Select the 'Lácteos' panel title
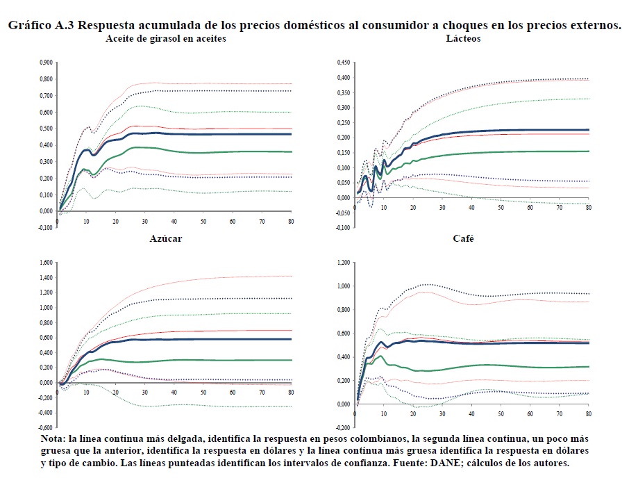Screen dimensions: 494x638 point(463,39)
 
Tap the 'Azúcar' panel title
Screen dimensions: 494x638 point(166,239)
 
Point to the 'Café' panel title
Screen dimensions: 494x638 point(463,239)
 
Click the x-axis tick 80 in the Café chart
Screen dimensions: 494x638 point(588,413)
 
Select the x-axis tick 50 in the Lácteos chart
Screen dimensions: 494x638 point(500,208)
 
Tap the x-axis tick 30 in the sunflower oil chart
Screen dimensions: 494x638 point(144,221)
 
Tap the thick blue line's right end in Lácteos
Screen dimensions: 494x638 point(589,130)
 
